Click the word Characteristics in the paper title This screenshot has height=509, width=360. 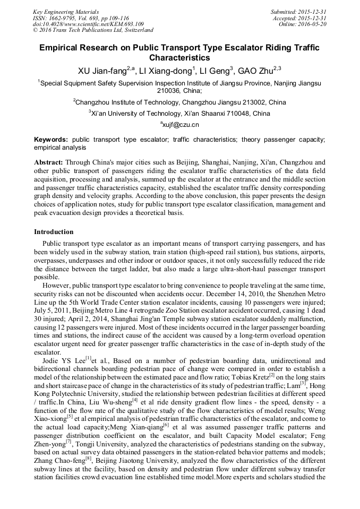click(x=179, y=58)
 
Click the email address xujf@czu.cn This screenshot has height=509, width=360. click(x=180, y=125)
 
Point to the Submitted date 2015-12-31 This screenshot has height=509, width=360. click(x=313, y=12)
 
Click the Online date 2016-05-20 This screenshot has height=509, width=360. click(x=313, y=24)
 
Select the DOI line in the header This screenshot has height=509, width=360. click(x=88, y=24)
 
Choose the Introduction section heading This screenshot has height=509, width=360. click(x=54, y=232)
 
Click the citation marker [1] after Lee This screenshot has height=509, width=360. click(x=89, y=359)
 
